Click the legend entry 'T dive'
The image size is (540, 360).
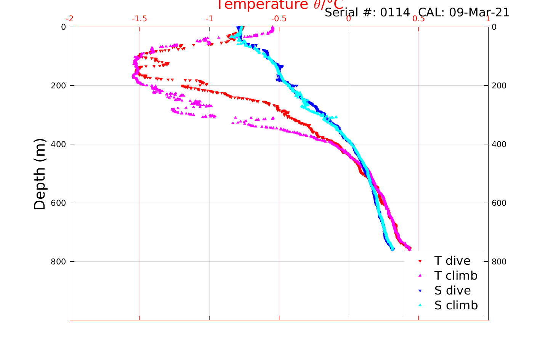[452, 261]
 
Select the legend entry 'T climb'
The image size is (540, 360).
[456, 275]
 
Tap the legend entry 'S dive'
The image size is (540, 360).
[452, 291]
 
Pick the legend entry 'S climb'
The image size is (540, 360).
[456, 306]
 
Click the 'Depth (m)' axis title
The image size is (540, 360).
[40, 174]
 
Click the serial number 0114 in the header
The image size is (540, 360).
[395, 13]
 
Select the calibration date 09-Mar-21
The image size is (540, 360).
[479, 13]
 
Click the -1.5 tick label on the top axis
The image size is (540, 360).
[139, 19]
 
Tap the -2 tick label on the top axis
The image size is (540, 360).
[70, 19]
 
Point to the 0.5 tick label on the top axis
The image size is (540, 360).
[418, 19]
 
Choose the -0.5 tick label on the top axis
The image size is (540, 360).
[279, 19]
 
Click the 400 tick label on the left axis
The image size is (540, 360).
[58, 144]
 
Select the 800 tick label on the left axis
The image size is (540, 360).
[58, 261]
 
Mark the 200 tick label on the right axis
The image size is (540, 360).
[499, 85]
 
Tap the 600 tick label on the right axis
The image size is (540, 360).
[499, 203]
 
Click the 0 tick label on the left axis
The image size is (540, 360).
[63, 27]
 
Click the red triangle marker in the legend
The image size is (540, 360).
[420, 261]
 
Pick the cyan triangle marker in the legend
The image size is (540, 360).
[420, 305]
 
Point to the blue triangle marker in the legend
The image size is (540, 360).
[420, 291]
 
